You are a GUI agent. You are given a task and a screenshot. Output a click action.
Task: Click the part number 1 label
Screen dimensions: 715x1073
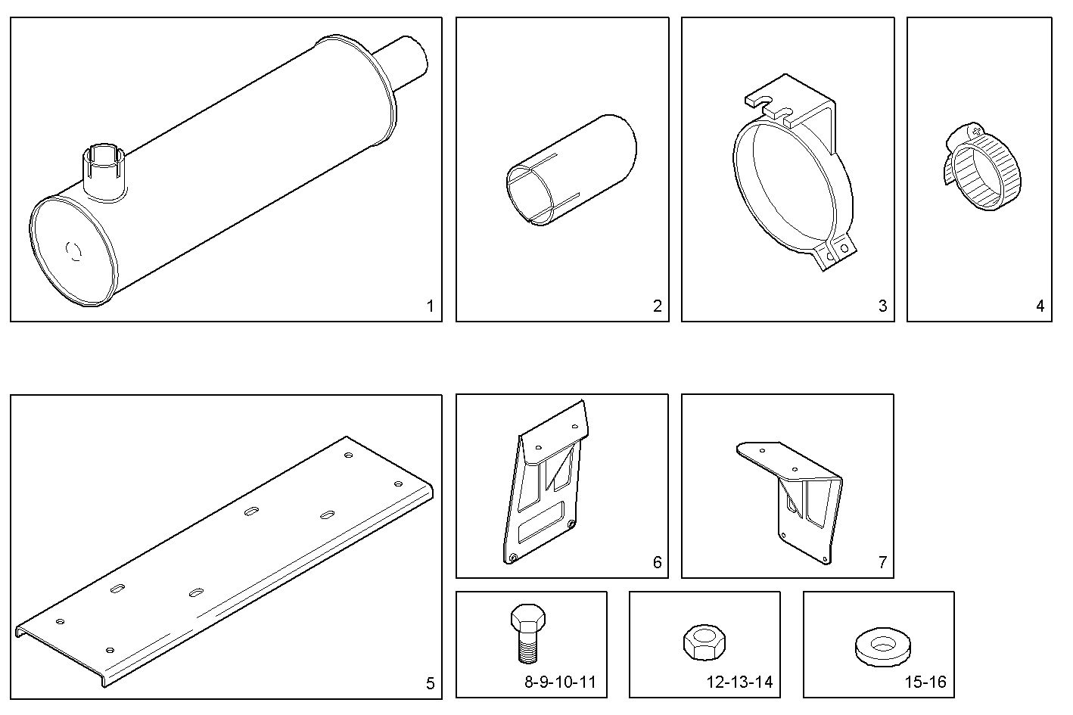430,306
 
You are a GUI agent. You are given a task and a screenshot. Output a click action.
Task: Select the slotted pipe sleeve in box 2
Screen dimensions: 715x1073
569,170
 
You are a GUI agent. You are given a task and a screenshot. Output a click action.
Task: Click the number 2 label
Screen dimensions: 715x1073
657,306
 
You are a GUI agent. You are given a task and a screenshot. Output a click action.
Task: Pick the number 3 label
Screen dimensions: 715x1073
882,306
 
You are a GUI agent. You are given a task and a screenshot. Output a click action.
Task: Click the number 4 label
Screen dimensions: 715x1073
1040,306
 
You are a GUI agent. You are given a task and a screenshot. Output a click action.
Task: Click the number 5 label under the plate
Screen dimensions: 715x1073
430,684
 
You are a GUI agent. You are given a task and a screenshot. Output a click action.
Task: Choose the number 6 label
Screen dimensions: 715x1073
657,562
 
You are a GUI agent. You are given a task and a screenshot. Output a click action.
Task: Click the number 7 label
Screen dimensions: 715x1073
882,562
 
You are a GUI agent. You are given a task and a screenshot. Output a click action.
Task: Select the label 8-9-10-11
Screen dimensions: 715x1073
560,682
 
